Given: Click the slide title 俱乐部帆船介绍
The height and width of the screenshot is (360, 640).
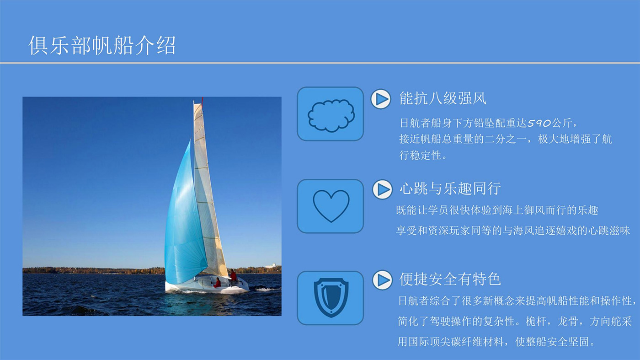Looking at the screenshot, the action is click(102, 45).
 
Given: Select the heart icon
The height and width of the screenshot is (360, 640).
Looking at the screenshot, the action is click(331, 205).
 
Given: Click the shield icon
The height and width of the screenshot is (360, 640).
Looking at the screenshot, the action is click(331, 298).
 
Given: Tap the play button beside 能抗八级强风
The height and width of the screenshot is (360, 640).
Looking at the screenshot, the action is click(381, 99).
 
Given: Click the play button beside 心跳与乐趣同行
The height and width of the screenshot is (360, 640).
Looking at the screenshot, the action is click(382, 189).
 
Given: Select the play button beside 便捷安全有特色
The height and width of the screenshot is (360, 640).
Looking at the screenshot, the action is click(382, 280).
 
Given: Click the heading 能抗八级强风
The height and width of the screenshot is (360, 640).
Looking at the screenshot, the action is click(443, 99).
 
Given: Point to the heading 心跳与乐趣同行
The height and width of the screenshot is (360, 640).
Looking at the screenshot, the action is click(450, 189).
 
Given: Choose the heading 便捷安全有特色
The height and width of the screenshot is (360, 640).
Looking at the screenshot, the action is click(450, 279).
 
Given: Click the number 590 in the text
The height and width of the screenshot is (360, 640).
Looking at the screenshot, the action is click(539, 123).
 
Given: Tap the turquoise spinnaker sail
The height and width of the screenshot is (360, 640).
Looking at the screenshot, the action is click(185, 217).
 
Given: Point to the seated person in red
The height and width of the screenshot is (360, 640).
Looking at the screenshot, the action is click(218, 283).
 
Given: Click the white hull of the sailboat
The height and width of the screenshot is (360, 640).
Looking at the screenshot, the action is click(206, 285).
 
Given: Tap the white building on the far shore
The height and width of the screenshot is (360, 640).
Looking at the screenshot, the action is click(270, 266).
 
